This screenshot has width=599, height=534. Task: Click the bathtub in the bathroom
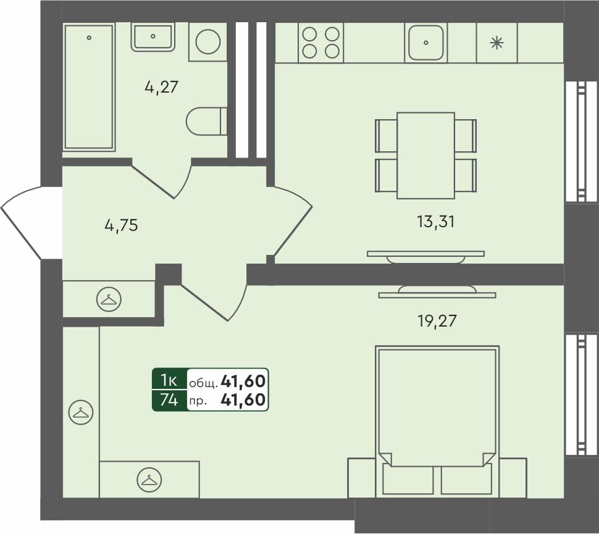point(89,86)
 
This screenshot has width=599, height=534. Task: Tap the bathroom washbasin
point(153,36)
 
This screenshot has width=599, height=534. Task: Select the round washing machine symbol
point(207,41)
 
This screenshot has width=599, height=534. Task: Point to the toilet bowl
point(206,121)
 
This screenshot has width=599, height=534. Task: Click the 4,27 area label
point(161,87)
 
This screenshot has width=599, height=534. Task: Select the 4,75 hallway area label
point(121,225)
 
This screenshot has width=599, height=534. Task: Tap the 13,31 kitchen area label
point(435,222)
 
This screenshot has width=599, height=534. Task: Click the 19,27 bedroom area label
point(437,320)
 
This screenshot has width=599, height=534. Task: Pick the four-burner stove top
point(320,43)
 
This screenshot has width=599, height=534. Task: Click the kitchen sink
point(426,43)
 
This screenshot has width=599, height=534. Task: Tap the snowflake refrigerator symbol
point(496,43)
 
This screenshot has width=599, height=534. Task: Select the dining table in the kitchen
point(425,155)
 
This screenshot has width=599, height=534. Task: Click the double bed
point(437,420)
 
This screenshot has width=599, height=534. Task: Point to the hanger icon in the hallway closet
point(109,299)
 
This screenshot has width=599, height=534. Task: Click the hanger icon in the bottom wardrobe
point(149,479)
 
